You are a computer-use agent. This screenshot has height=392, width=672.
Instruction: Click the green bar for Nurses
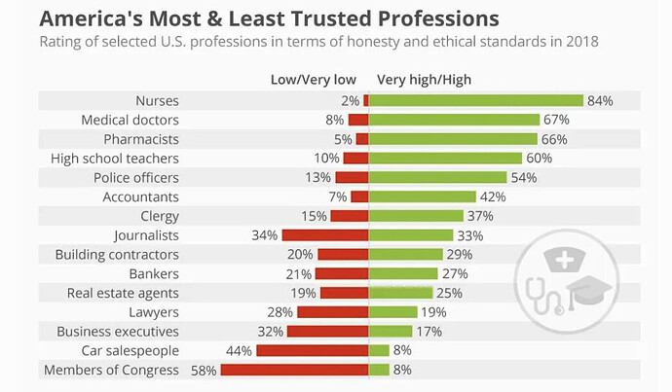(x=475, y=100)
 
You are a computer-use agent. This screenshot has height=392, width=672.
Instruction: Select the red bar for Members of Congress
(x=294, y=370)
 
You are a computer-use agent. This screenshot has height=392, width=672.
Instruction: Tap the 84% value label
(x=599, y=101)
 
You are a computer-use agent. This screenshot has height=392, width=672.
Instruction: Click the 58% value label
(x=204, y=370)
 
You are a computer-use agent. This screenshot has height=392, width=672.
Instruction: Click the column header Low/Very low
(x=313, y=79)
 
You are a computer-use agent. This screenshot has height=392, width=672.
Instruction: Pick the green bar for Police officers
(x=438, y=177)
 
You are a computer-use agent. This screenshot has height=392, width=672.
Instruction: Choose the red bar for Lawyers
(x=332, y=312)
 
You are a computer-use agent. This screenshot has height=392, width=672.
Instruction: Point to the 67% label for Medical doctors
(x=556, y=120)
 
